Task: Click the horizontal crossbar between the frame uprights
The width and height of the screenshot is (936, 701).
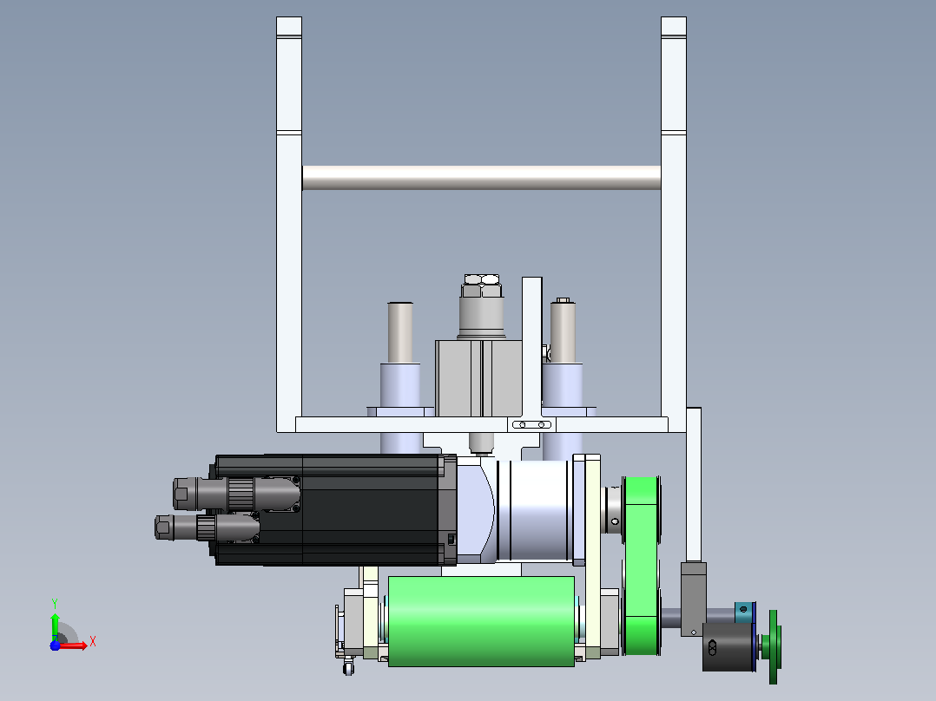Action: click(x=481, y=178)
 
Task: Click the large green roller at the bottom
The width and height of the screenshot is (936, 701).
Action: click(x=481, y=621)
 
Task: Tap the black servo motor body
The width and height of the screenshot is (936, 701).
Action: click(x=334, y=510)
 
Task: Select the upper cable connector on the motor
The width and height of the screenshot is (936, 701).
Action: click(x=236, y=494)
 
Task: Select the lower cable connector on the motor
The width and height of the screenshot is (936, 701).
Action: click(x=206, y=527)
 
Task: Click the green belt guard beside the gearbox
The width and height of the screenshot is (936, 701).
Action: click(x=641, y=565)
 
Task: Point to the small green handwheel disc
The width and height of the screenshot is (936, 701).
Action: click(x=773, y=646)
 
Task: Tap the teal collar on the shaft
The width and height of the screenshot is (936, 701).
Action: click(x=744, y=613)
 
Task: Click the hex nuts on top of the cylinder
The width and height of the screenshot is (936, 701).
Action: click(x=482, y=285)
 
